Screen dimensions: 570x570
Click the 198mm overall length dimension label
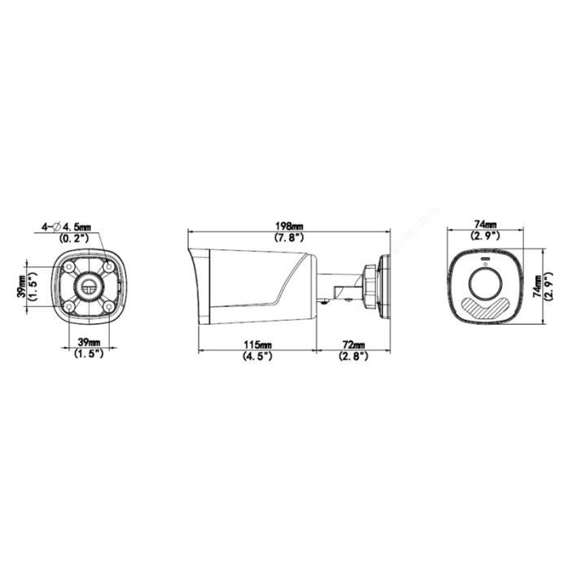[288, 226]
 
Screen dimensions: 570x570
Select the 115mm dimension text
[257, 344]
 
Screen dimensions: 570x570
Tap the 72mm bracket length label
[353, 344]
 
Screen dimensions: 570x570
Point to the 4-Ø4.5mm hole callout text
[67, 227]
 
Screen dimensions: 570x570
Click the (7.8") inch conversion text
[288, 237]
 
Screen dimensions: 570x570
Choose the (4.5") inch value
[257, 356]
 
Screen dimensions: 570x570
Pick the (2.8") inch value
[353, 356]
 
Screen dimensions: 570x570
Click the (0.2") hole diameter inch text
[74, 238]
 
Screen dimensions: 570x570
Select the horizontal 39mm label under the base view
[89, 342]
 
